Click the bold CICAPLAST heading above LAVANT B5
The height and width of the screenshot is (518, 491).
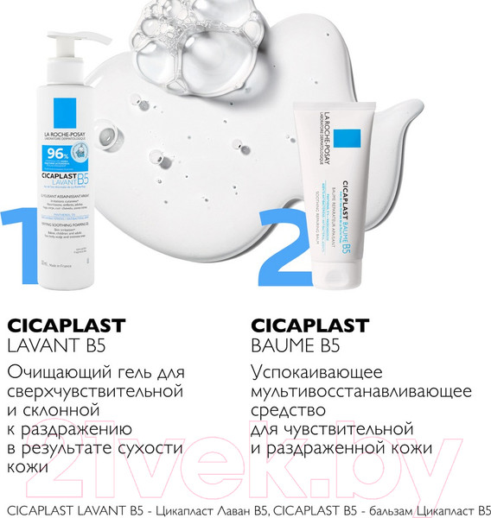click(67, 326)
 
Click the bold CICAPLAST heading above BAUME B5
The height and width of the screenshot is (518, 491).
click(310, 326)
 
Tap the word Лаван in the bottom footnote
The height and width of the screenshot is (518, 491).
click(211, 506)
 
